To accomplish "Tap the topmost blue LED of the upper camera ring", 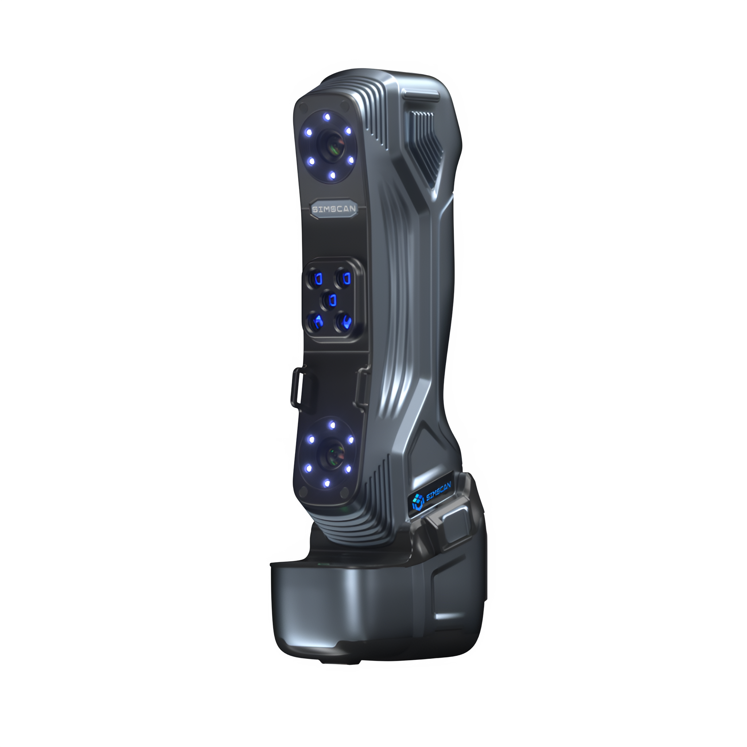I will pyautogui.click(x=327, y=116).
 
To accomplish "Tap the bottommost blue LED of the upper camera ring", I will pyautogui.click(x=332, y=176).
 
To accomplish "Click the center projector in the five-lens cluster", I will pyautogui.click(x=331, y=300).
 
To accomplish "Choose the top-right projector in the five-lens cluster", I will pyautogui.click(x=344, y=277).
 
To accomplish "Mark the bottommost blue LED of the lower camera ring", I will pyautogui.click(x=327, y=483).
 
